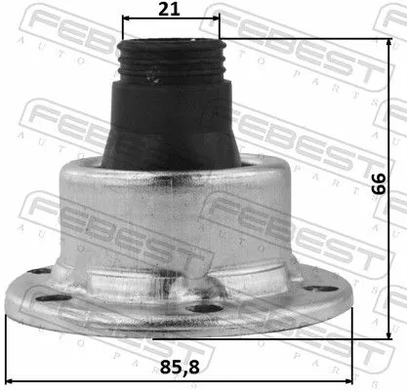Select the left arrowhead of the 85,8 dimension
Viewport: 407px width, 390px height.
pyautogui.click(x=10, y=353)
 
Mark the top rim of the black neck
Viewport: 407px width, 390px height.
pyautogui.click(x=168, y=43)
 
